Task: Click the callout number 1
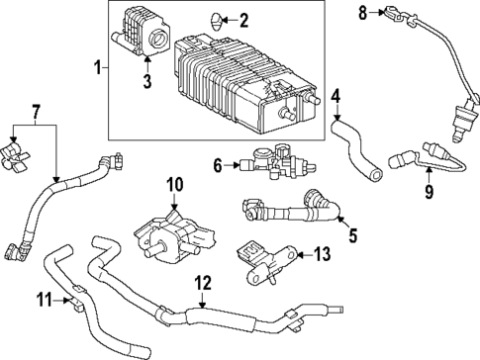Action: click(96, 68)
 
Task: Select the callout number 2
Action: click(244, 19)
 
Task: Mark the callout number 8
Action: click(362, 12)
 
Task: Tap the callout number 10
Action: click(175, 184)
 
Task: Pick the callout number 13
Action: click(323, 254)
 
